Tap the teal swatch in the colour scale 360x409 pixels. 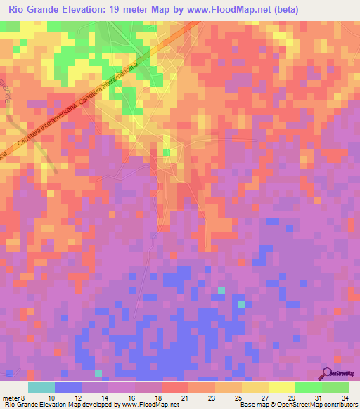pyautogui.click(x=41, y=387)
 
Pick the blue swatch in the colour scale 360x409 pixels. pyautogui.click(x=68, y=387)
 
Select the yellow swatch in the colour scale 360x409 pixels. pyautogui.click(x=281, y=387)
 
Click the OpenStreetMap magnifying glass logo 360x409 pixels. pyautogui.click(x=328, y=372)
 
